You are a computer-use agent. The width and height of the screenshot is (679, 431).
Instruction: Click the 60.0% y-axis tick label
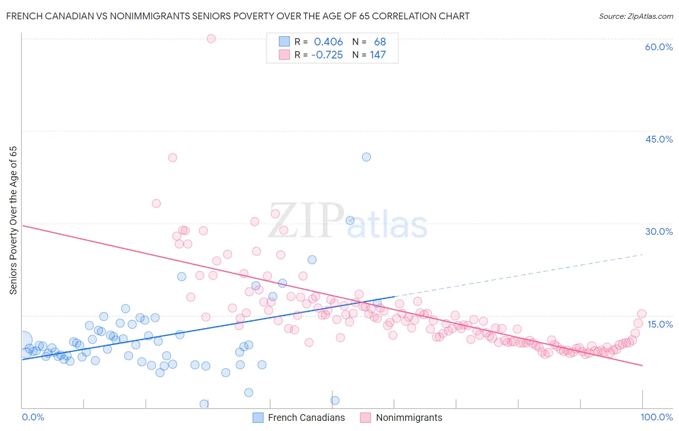(659, 47)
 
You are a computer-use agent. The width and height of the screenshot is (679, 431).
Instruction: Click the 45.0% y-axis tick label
(659, 139)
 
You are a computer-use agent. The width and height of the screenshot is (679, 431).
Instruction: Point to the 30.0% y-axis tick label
(659, 231)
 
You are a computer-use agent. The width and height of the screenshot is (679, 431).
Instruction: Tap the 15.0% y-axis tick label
(660, 324)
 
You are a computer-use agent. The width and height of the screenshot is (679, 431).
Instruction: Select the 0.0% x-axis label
(33, 417)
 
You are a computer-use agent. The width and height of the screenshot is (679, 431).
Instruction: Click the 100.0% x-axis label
(656, 417)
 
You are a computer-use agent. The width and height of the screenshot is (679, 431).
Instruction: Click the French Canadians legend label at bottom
(306, 417)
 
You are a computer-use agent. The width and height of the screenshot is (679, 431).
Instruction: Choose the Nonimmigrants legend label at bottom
(409, 417)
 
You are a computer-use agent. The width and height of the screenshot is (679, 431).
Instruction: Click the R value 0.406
(328, 42)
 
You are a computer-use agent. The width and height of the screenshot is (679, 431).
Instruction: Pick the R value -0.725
(327, 55)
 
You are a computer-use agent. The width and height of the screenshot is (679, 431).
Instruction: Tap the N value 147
(378, 55)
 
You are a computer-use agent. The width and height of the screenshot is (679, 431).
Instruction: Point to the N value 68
(380, 42)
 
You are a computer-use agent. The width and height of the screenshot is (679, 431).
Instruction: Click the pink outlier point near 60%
(211, 39)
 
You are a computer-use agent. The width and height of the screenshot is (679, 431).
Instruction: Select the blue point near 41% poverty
(367, 157)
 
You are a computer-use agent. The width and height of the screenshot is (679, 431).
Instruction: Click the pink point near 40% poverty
(172, 158)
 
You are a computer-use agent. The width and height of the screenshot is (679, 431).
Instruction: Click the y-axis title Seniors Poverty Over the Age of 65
(14, 220)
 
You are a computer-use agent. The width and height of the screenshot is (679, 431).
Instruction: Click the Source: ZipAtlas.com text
(636, 16)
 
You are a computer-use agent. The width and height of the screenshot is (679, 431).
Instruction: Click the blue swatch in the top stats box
(284, 42)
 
